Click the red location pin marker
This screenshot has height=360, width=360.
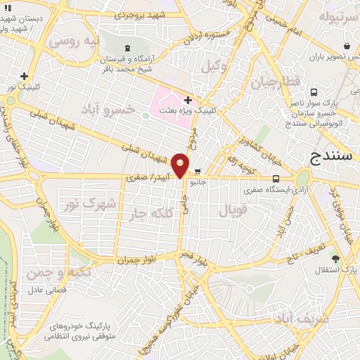[181, 164]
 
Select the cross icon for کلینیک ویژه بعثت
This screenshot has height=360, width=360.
[188, 101]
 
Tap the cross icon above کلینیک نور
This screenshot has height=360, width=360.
[25, 76]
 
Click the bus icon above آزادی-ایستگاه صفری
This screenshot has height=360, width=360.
[275, 179]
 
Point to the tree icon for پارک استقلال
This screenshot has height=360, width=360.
[336, 258]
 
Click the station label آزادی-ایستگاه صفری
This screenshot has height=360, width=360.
[274, 190]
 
